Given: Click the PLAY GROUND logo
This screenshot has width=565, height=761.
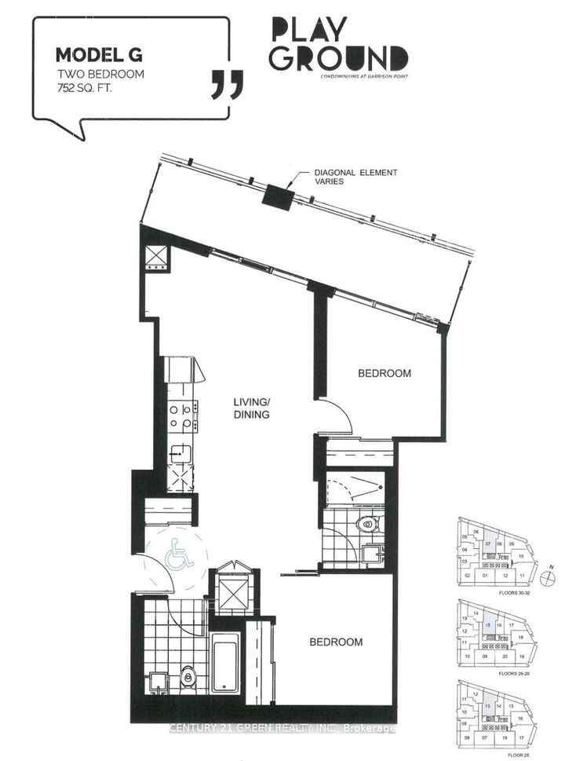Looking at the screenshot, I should pyautogui.click(x=339, y=46).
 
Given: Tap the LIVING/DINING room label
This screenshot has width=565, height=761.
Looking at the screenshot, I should pyautogui.click(x=251, y=408).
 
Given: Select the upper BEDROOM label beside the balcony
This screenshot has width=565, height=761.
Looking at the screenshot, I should pyautogui.click(x=385, y=374).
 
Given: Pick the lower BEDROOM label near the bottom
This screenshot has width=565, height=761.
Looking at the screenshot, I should pyautogui.click(x=336, y=642).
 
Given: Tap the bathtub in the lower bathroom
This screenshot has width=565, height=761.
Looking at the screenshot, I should pyautogui.click(x=228, y=668).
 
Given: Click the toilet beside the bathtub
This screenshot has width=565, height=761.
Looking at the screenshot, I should pyautogui.click(x=188, y=674).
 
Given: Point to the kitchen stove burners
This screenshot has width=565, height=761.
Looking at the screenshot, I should pyautogui.click(x=182, y=417).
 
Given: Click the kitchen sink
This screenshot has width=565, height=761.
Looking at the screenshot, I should pyautogui.click(x=181, y=454).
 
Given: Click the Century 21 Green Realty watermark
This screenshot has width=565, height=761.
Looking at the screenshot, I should pyautogui.click(x=282, y=729).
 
